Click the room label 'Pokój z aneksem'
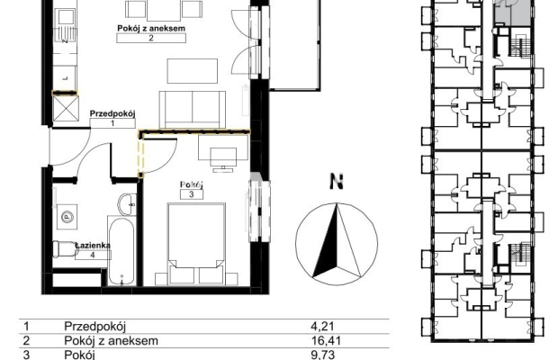click(x=151, y=28)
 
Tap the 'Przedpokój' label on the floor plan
click(x=112, y=113)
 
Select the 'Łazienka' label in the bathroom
click(x=93, y=245)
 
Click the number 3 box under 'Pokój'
click(x=192, y=194)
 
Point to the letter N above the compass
click(x=337, y=182)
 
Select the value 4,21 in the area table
click(x=322, y=326)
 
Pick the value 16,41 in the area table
click(x=326, y=340)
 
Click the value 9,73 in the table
click(x=322, y=355)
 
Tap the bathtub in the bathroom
click(x=121, y=251)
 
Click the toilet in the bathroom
click(x=65, y=248)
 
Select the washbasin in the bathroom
click(x=127, y=205)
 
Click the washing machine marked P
click(x=67, y=217)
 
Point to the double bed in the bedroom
click(x=196, y=244)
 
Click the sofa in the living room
click(x=193, y=110)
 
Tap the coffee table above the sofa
click(x=193, y=71)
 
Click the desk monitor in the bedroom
click(x=223, y=159)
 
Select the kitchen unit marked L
click(x=65, y=78)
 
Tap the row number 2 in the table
click(x=26, y=340)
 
